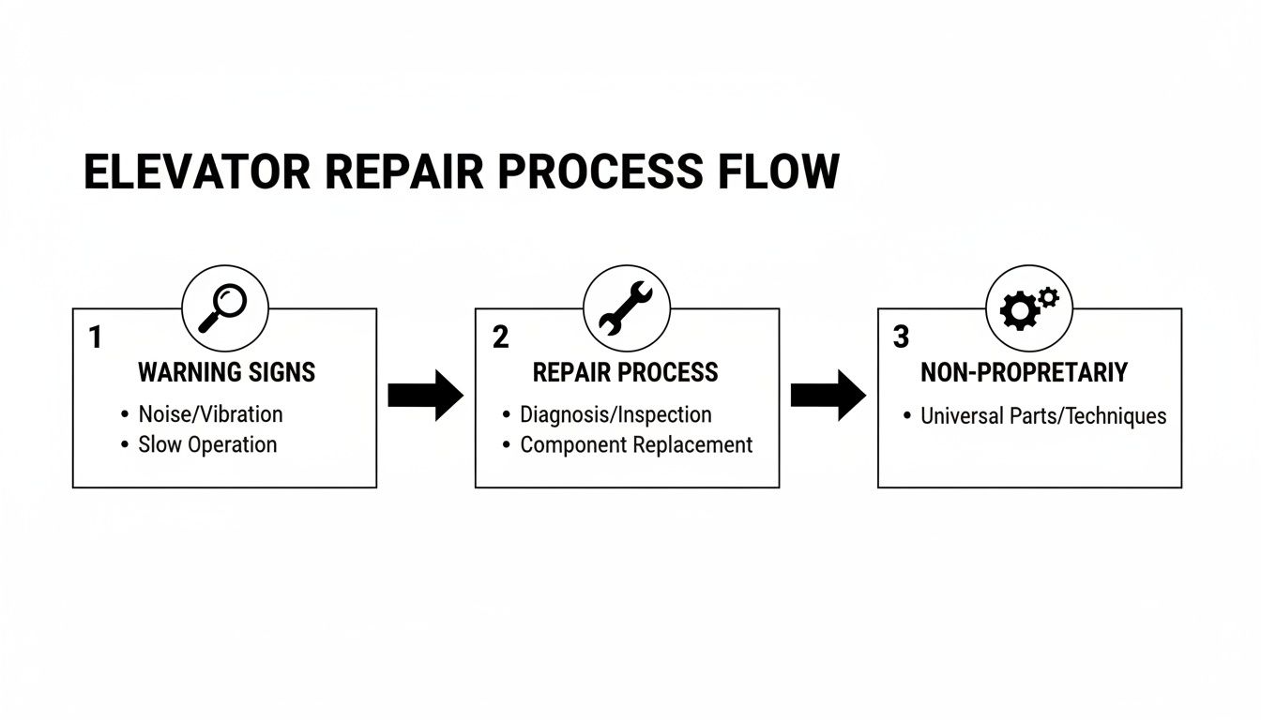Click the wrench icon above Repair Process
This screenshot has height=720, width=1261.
tap(626, 307)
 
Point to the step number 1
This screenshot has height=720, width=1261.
tap(95, 337)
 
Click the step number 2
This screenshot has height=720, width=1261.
tap(500, 337)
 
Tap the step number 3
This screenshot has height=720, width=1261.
tap(901, 337)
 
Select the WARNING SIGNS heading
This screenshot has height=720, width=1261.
tap(226, 373)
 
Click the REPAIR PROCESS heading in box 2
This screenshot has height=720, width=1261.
tap(625, 373)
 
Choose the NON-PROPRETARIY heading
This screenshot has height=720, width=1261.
tap(1024, 373)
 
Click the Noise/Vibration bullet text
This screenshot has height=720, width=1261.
tap(210, 414)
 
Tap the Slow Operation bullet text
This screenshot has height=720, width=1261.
tap(207, 444)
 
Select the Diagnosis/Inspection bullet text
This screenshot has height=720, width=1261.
tap(615, 414)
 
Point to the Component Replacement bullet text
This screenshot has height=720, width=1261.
tap(636, 444)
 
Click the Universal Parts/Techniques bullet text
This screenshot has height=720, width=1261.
tap(1043, 415)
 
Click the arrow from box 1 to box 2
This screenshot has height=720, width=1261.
tap(425, 395)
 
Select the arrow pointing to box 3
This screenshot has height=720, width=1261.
tap(828, 395)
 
